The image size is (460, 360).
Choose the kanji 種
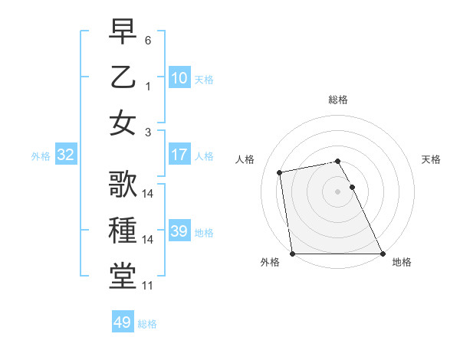tap(123, 231)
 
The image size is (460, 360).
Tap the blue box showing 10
tap(179, 77)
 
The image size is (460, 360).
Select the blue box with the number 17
tap(179, 155)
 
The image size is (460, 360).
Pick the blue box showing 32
tap(65, 155)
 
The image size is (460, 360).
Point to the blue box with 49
tap(122, 322)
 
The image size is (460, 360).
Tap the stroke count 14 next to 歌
tap(148, 194)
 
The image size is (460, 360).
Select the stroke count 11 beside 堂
tap(148, 286)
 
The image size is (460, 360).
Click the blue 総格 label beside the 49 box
tap(147, 323)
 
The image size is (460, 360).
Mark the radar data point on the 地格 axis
tap(382, 254)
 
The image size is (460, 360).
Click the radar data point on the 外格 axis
tap(292, 254)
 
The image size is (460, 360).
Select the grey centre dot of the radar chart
tap(337, 191)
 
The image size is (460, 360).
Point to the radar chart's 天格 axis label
tap(431, 159)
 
